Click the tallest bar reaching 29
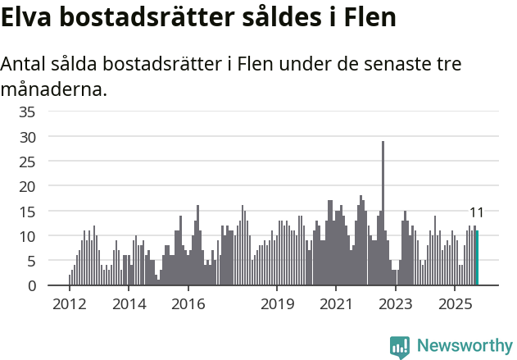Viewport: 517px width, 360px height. [383, 213]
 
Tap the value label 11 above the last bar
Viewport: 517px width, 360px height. [476, 213]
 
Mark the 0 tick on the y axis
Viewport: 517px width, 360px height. [32, 286]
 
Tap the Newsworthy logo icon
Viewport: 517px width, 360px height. [400, 347]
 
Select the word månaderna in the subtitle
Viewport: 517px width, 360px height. [53, 89]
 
